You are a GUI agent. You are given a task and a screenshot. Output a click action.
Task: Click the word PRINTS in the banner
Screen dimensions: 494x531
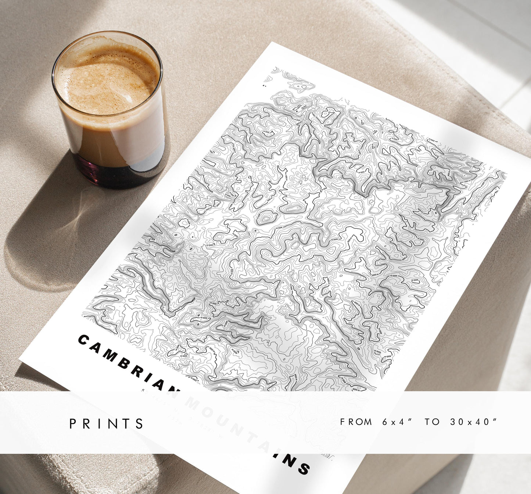click(x=107, y=423)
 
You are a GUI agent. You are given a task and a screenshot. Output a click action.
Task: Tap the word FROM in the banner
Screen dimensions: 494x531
click(x=356, y=422)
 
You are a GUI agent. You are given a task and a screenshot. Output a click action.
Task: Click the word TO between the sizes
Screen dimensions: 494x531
click(x=432, y=422)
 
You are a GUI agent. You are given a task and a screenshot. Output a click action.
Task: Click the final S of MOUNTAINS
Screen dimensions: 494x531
click(x=304, y=469)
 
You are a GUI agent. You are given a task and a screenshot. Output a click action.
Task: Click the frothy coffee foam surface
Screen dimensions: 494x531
click(x=107, y=77)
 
